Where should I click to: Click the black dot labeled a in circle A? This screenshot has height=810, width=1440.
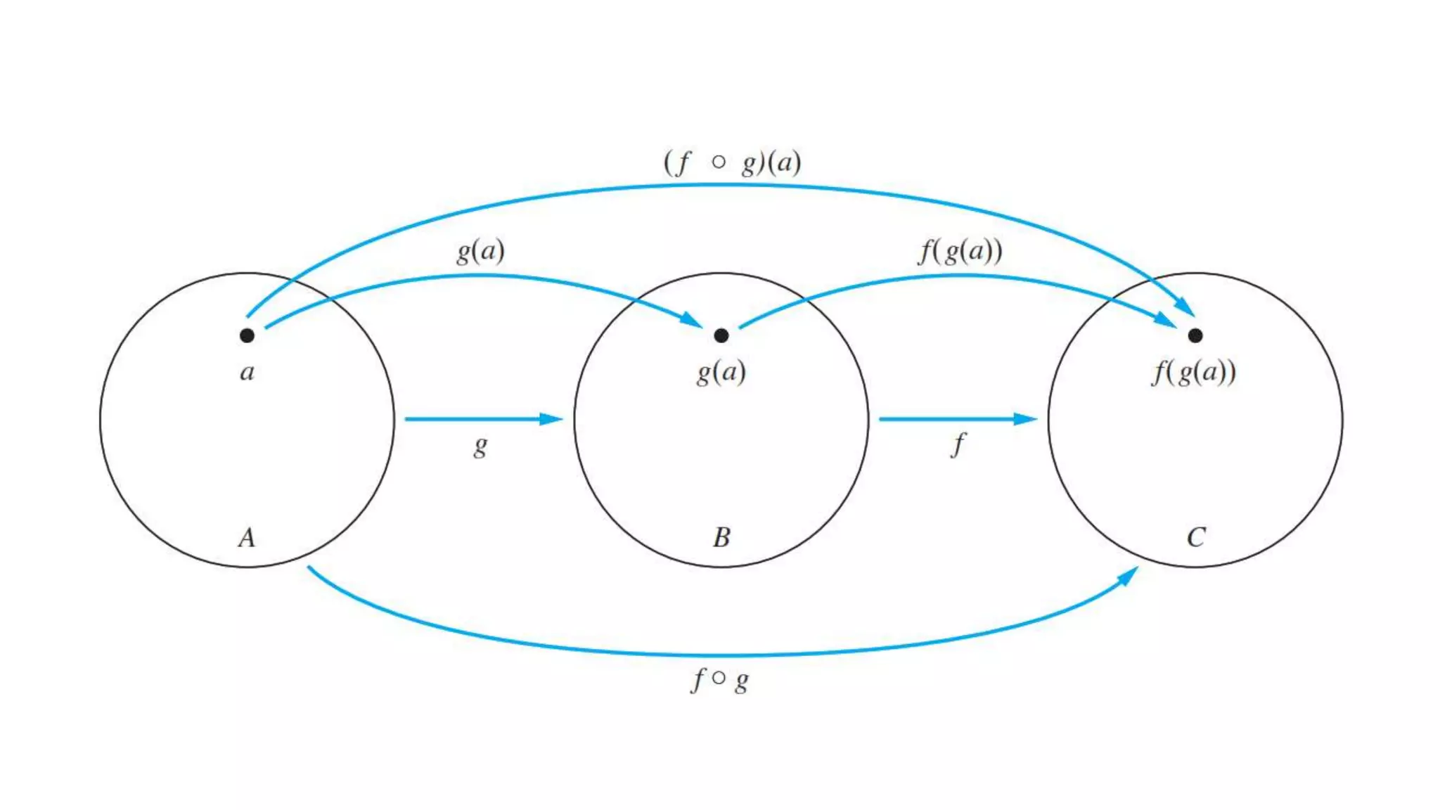(247, 335)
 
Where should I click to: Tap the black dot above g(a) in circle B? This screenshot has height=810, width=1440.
(721, 335)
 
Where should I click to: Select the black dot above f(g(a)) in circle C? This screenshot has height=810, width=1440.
(1195, 335)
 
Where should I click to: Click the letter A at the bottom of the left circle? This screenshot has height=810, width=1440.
(247, 537)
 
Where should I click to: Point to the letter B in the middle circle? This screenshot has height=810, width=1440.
(721, 537)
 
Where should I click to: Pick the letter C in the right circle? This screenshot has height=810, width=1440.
(1196, 537)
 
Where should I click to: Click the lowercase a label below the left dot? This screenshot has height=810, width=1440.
(247, 371)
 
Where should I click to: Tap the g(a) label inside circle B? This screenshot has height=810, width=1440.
(721, 371)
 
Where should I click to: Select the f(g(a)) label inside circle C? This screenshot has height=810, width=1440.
(1194, 371)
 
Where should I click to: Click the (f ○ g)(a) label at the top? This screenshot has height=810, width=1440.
(732, 162)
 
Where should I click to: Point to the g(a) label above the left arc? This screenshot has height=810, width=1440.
(481, 250)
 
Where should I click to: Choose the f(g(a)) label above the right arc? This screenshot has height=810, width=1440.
(960, 250)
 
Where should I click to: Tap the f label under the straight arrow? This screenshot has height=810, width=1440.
(958, 444)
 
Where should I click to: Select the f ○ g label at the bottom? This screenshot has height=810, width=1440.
(720, 679)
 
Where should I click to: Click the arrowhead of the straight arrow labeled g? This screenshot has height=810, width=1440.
(552, 419)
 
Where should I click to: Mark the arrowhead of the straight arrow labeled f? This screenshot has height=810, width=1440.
(1026, 419)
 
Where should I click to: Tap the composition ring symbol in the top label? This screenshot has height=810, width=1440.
(718, 162)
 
